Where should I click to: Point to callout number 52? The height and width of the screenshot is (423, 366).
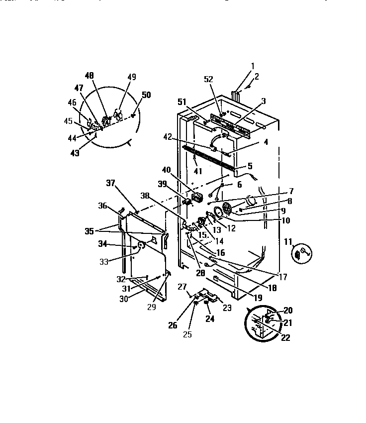pyautogui.click(x=209, y=80)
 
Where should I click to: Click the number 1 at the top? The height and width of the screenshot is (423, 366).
pyautogui.click(x=252, y=66)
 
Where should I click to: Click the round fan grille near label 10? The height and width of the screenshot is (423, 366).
pyautogui.click(x=227, y=209)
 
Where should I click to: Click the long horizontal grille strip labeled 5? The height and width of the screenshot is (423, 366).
pyautogui.click(x=209, y=160)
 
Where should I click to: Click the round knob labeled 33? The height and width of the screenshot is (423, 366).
pyautogui.click(x=141, y=245)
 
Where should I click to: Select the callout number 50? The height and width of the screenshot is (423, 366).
pyautogui.click(x=146, y=95)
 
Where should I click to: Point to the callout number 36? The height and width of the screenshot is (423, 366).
pyautogui.click(x=102, y=205)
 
